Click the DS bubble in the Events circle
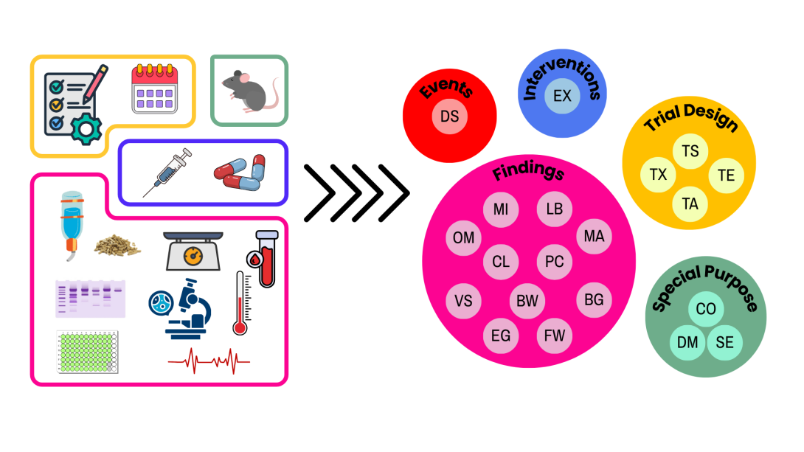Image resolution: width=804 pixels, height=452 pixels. pyautogui.click(x=449, y=117)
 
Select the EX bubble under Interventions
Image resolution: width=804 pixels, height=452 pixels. pyautogui.click(x=562, y=97)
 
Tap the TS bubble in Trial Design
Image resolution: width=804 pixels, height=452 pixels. pyautogui.click(x=690, y=151)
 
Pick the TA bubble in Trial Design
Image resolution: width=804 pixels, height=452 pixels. pyautogui.click(x=690, y=204)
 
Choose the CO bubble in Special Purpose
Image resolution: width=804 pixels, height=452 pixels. pyautogui.click(x=706, y=309)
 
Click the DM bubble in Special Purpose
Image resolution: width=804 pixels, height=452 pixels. pyautogui.click(x=687, y=342)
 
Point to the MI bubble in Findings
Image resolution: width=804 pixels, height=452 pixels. pyautogui.click(x=501, y=209)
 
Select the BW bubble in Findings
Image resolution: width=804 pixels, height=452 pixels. pyautogui.click(x=527, y=301)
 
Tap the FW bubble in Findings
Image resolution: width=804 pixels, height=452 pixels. pyautogui.click(x=555, y=336)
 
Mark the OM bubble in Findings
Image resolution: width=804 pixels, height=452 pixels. pyautogui.click(x=464, y=238)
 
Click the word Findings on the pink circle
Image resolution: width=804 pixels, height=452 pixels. pyautogui.click(x=528, y=172)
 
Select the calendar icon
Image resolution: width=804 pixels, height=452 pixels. pyautogui.click(x=154, y=89)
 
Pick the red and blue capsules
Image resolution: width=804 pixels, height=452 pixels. pyautogui.click(x=240, y=173)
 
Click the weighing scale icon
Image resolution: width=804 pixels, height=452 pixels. pyautogui.click(x=193, y=251)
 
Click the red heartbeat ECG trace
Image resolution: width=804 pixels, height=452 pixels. pyautogui.click(x=209, y=361)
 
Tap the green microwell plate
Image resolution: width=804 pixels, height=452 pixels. pyautogui.click(x=87, y=350)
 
